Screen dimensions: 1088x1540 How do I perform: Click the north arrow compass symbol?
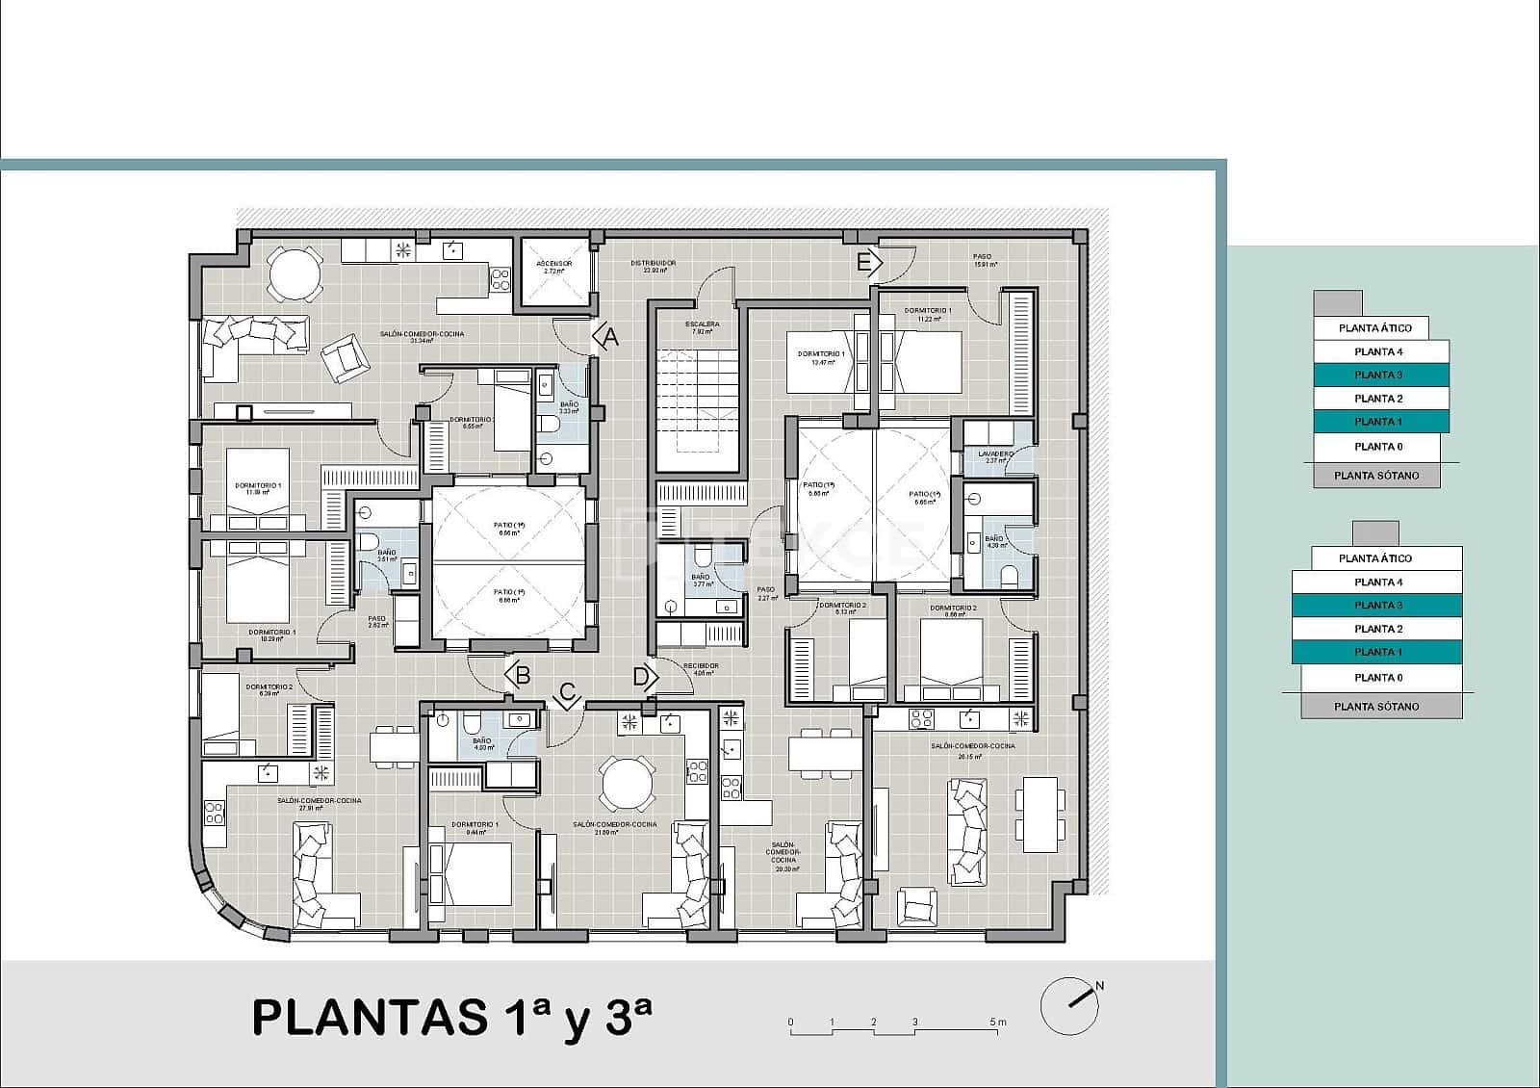click(1070, 1006)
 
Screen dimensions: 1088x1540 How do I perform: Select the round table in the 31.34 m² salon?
click(295, 273)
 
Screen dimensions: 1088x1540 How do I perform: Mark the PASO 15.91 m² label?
click(983, 260)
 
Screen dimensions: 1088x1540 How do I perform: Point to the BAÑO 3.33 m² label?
click(569, 407)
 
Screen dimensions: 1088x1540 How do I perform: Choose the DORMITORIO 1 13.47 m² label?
click(821, 357)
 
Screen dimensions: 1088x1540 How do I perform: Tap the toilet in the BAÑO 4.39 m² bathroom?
click(1009, 577)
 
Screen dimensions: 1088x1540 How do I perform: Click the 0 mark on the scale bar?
click(790, 1023)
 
